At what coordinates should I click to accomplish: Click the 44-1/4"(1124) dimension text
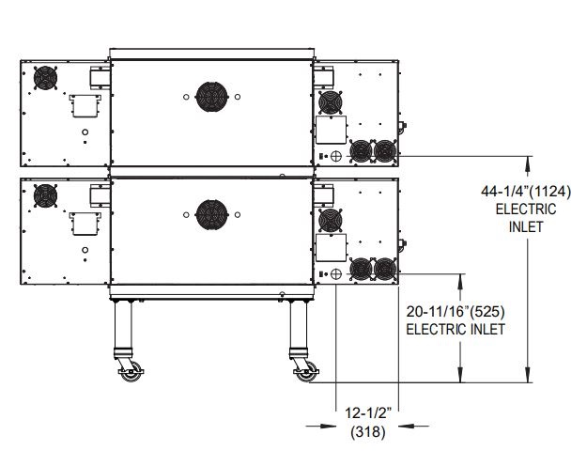pyautogui.click(x=526, y=192)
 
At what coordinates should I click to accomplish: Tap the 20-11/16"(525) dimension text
pyautogui.click(x=456, y=311)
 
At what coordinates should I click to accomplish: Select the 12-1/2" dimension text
pyautogui.click(x=368, y=413)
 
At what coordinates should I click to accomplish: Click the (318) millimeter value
pyautogui.click(x=368, y=431)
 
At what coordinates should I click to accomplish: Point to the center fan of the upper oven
pyautogui.click(x=211, y=97)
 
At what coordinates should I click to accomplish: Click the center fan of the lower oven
pyautogui.click(x=211, y=214)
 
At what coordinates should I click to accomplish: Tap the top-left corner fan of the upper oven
pyautogui.click(x=45, y=78)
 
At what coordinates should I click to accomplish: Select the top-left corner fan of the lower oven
pyautogui.click(x=45, y=195)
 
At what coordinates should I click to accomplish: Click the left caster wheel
pyautogui.click(x=130, y=372)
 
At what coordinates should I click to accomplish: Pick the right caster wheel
pyautogui.click(x=306, y=372)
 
